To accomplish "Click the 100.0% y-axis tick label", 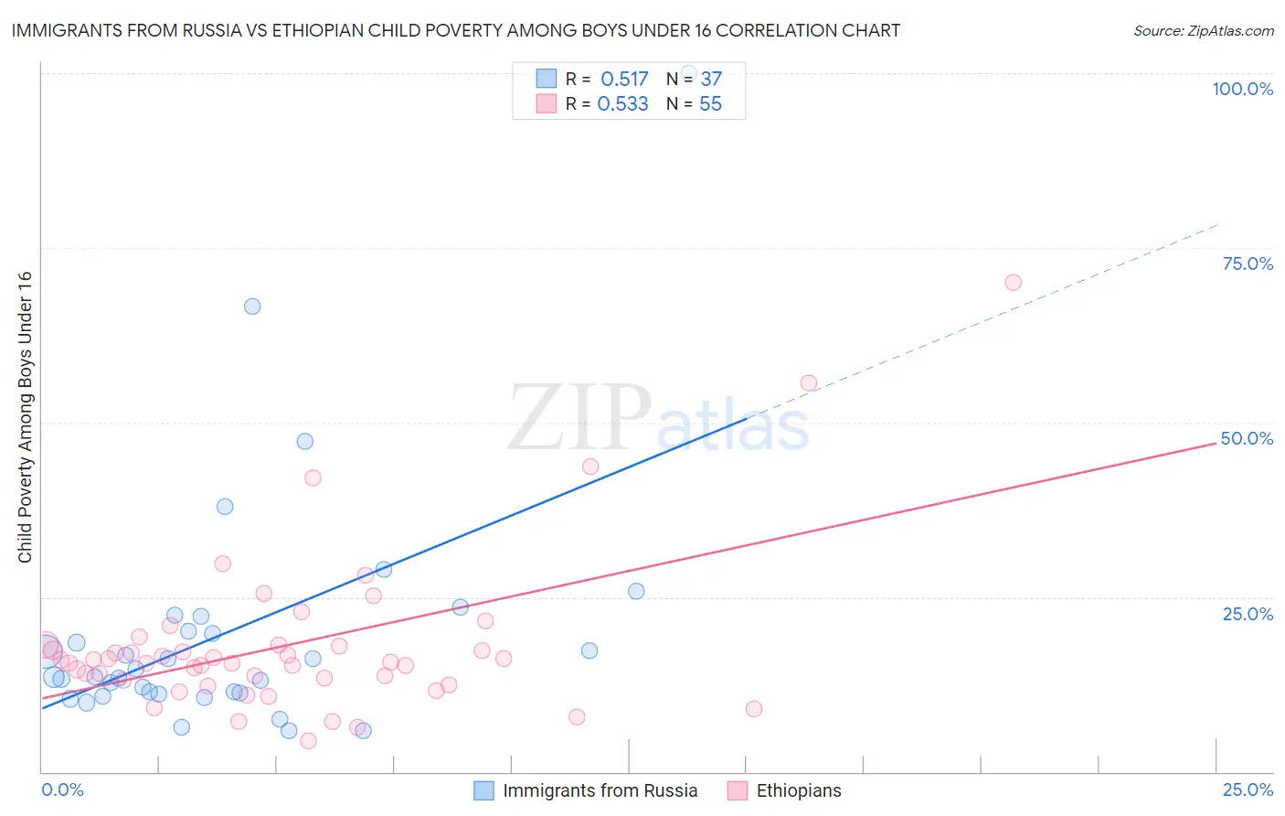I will tap(1242, 89).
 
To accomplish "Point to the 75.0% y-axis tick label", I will tap(1248, 263).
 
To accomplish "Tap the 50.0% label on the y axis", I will tap(1247, 438).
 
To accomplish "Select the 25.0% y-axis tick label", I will tap(1248, 614).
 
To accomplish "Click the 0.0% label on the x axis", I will tap(62, 789).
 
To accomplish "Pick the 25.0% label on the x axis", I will tap(1248, 789).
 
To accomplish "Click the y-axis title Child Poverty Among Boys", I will tap(25, 417).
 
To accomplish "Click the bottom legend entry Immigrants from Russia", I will tap(600, 790).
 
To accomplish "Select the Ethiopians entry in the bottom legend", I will tap(798, 790).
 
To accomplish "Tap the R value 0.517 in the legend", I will tap(624, 79).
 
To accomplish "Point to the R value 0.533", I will tap(622, 104).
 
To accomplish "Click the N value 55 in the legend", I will tap(710, 104).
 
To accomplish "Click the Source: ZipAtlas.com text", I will tap(1203, 31).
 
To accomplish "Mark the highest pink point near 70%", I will tap(1013, 283).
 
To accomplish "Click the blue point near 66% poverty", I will tap(252, 306).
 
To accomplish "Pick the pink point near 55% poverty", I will tap(809, 383).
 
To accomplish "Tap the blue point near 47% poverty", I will tap(305, 441).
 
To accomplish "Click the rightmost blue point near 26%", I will tap(636, 591).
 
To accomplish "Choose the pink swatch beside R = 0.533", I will tap(546, 103).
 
